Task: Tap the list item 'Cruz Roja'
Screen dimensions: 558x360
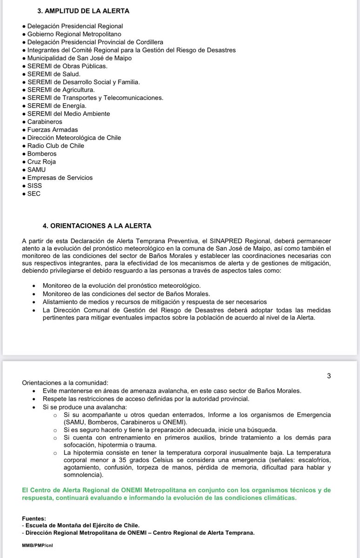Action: tap(41, 161)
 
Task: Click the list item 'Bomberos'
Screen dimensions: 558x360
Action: tap(41, 153)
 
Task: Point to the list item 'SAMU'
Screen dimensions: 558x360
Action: tap(36, 170)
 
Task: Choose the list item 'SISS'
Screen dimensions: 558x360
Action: tap(35, 186)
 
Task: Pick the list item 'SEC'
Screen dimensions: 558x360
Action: tap(34, 193)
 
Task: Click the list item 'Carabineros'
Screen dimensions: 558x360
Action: tap(45, 121)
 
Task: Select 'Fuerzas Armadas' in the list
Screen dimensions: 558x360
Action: tap(53, 130)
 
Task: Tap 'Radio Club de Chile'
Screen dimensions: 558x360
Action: tap(56, 146)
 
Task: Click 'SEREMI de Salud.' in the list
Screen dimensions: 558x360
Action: tap(54, 74)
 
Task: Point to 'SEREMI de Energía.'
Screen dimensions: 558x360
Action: tap(57, 106)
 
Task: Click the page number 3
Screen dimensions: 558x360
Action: tap(328, 376)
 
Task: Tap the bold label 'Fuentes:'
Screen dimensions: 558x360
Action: tap(34, 518)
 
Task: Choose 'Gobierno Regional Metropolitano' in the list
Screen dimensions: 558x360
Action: tap(74, 34)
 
